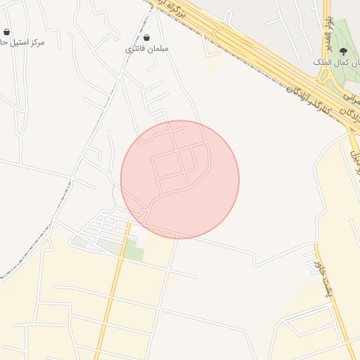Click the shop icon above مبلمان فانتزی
pyautogui.click(x=146, y=37)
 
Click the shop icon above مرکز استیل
pyautogui.click(x=7, y=32)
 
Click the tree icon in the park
pyautogui.click(x=343, y=51)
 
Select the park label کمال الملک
pyautogui.click(x=337, y=62)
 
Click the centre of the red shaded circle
pyautogui.click(x=180, y=179)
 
